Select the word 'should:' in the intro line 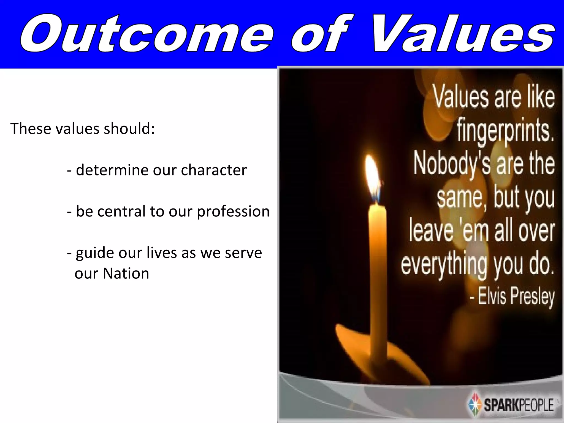coord(129,129)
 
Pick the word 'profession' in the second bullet coord(233,211)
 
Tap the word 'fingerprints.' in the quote coord(506,132)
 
